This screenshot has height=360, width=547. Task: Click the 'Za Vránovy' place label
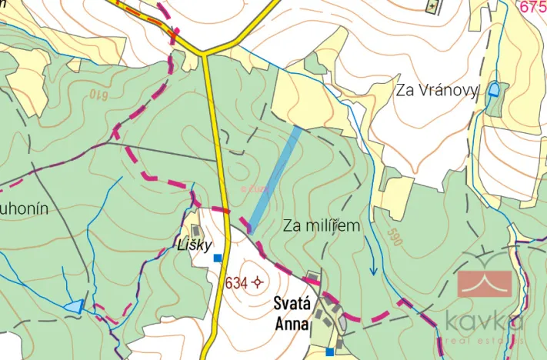click(x=436, y=91)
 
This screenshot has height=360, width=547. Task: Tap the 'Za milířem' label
click(x=321, y=225)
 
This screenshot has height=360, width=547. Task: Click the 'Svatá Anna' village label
click(x=292, y=314)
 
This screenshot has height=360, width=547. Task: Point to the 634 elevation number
click(x=236, y=283)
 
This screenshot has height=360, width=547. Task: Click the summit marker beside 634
click(x=257, y=283)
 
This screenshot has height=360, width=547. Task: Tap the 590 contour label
click(x=395, y=236)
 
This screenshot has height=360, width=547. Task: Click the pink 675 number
click(x=532, y=7)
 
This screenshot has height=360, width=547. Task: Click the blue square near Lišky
click(x=218, y=258)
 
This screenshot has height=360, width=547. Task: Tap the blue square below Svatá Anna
click(x=329, y=352)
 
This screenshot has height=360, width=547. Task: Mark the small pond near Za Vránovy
click(x=493, y=90)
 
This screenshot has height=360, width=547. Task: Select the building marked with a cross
click(x=433, y=6)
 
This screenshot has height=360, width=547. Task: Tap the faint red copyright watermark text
click(x=254, y=187)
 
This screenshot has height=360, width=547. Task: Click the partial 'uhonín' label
click(x=25, y=209)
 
